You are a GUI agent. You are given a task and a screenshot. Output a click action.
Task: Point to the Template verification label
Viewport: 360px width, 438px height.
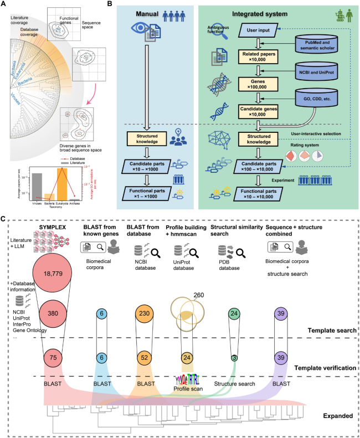[x=323, y=367]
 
